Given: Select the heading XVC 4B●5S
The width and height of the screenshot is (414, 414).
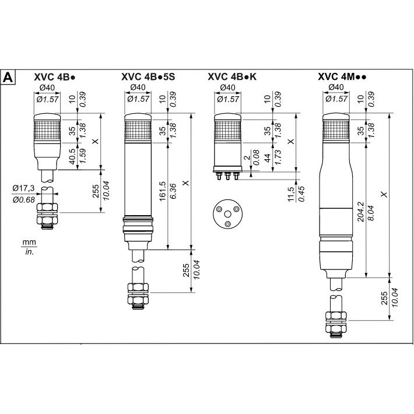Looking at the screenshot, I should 148,76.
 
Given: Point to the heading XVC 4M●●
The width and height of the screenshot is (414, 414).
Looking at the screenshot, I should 346,76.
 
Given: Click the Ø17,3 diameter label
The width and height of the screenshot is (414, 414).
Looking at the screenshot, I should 23,188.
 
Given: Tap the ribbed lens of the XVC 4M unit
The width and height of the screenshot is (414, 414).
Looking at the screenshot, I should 337,129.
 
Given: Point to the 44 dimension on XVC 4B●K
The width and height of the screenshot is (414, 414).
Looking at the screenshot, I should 268,160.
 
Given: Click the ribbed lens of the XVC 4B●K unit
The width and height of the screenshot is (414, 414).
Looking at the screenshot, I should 227,128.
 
